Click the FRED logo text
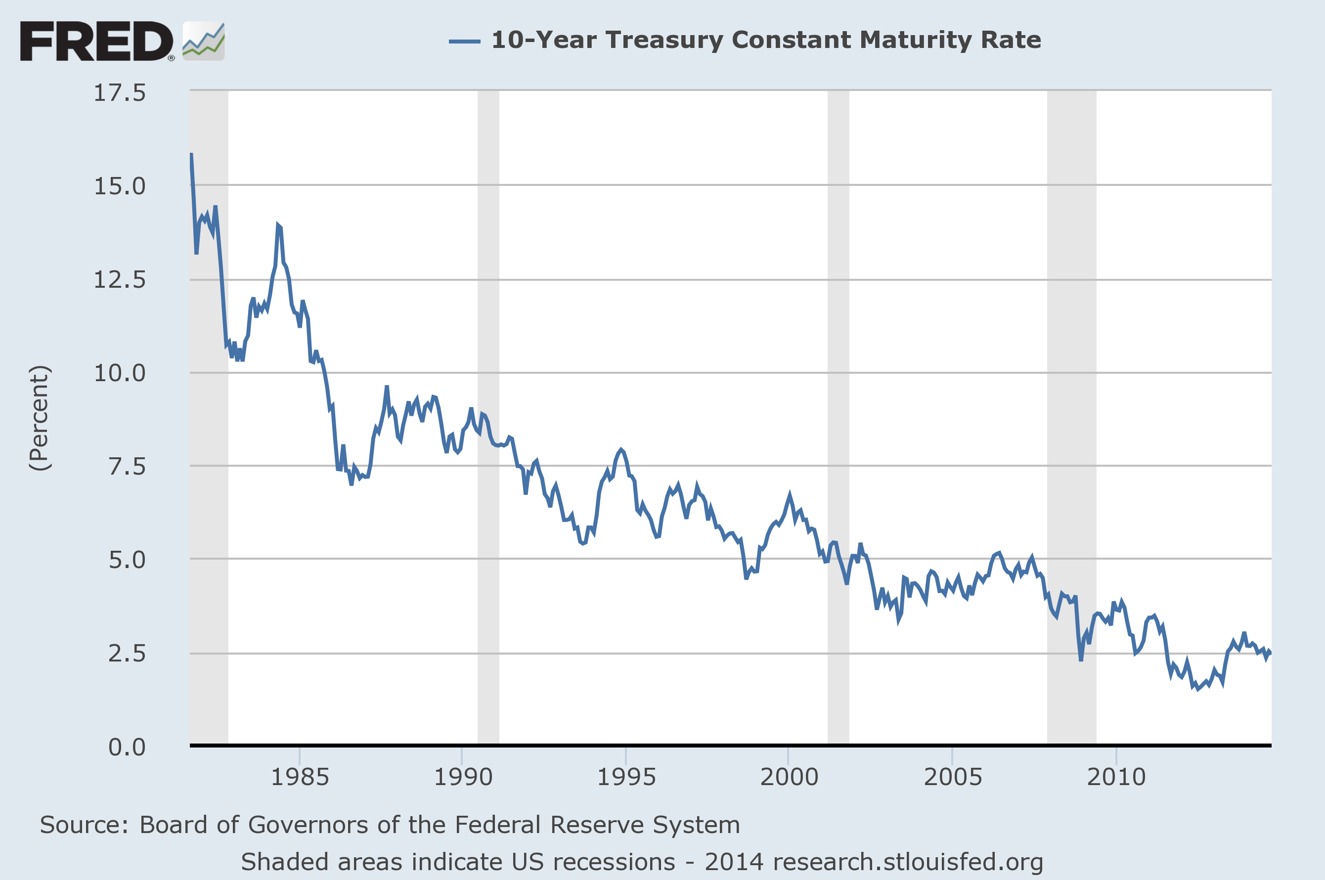pos(96,41)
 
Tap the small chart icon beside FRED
pos(204,41)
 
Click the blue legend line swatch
pos(464,41)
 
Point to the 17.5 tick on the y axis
pos(120,92)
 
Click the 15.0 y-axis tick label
pos(120,186)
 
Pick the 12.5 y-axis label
pos(120,279)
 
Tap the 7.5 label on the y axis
pos(127,466)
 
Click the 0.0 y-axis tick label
pos(127,747)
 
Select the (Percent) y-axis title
pos(40,418)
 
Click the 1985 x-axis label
pos(300,777)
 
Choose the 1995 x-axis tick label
pos(626,777)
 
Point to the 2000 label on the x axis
pos(789,777)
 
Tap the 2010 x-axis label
pos(1116,777)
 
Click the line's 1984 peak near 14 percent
pos(278,225)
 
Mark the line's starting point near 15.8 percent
pos(191,154)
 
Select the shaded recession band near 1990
pos(488,415)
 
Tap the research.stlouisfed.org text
pos(907,862)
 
